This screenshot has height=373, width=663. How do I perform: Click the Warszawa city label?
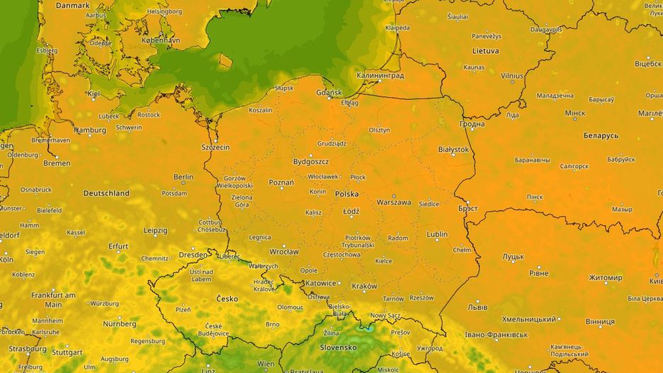pyautogui.click(x=394, y=202)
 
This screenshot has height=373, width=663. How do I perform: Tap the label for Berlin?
pyautogui.click(x=183, y=177)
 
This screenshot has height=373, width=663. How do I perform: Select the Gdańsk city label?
pyautogui.click(x=330, y=93)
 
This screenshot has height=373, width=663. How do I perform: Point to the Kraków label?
pyautogui.click(x=364, y=286)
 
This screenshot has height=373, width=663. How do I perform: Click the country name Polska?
pyautogui.click(x=346, y=193)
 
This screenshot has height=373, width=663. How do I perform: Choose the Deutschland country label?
pyautogui.click(x=106, y=193)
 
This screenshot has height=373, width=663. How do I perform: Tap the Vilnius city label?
pyautogui.click(x=512, y=75)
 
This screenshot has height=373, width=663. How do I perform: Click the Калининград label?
pyautogui.click(x=380, y=75)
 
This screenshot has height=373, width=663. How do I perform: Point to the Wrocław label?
pyautogui.click(x=284, y=251)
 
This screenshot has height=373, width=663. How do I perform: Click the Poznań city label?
pyautogui.click(x=281, y=182)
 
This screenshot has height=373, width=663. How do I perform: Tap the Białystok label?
pyautogui.click(x=454, y=149)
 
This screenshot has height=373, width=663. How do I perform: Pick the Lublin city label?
pyautogui.click(x=437, y=234)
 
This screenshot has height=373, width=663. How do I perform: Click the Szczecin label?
pyautogui.click(x=215, y=147)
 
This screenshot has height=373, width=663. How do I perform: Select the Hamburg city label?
pyautogui.click(x=90, y=130)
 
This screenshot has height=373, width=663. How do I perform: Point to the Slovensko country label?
pyautogui.click(x=338, y=348)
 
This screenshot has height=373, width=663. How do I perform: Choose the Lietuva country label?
pyautogui.click(x=486, y=51)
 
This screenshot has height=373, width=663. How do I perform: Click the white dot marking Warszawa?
pyautogui.click(x=394, y=196)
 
